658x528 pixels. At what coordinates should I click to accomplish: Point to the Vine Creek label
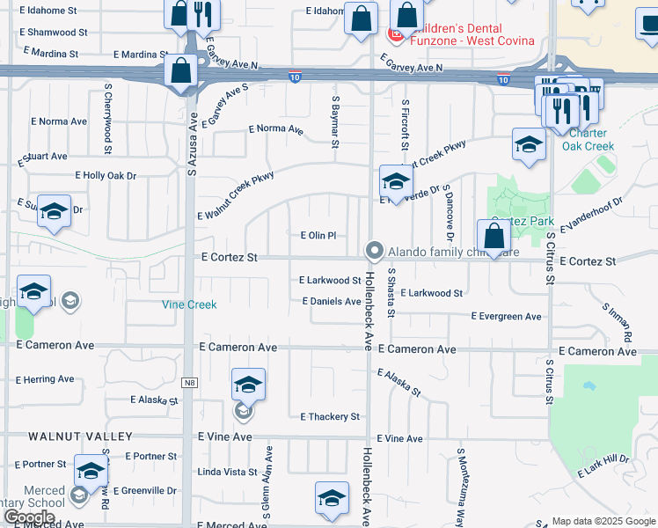tap(189, 304)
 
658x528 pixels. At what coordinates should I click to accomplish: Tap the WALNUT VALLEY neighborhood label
tap(80, 436)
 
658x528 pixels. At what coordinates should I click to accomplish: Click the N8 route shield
tap(189, 383)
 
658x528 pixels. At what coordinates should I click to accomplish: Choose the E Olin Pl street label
tap(318, 236)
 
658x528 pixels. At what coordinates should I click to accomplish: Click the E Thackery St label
tap(331, 416)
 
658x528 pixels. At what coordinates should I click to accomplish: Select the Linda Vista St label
tap(227, 473)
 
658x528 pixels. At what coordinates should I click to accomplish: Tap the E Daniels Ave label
tap(332, 301)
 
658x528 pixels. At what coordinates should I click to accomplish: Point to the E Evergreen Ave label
tap(507, 316)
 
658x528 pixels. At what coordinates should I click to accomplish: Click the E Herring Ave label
tap(45, 379)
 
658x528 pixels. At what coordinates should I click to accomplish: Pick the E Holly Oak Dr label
tap(106, 176)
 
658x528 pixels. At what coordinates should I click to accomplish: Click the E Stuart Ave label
tap(43, 158)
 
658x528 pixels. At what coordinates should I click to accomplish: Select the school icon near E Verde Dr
tap(396, 181)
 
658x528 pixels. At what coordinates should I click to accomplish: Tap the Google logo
tap(29, 517)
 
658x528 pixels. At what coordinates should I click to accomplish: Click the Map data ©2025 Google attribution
tap(603, 521)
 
